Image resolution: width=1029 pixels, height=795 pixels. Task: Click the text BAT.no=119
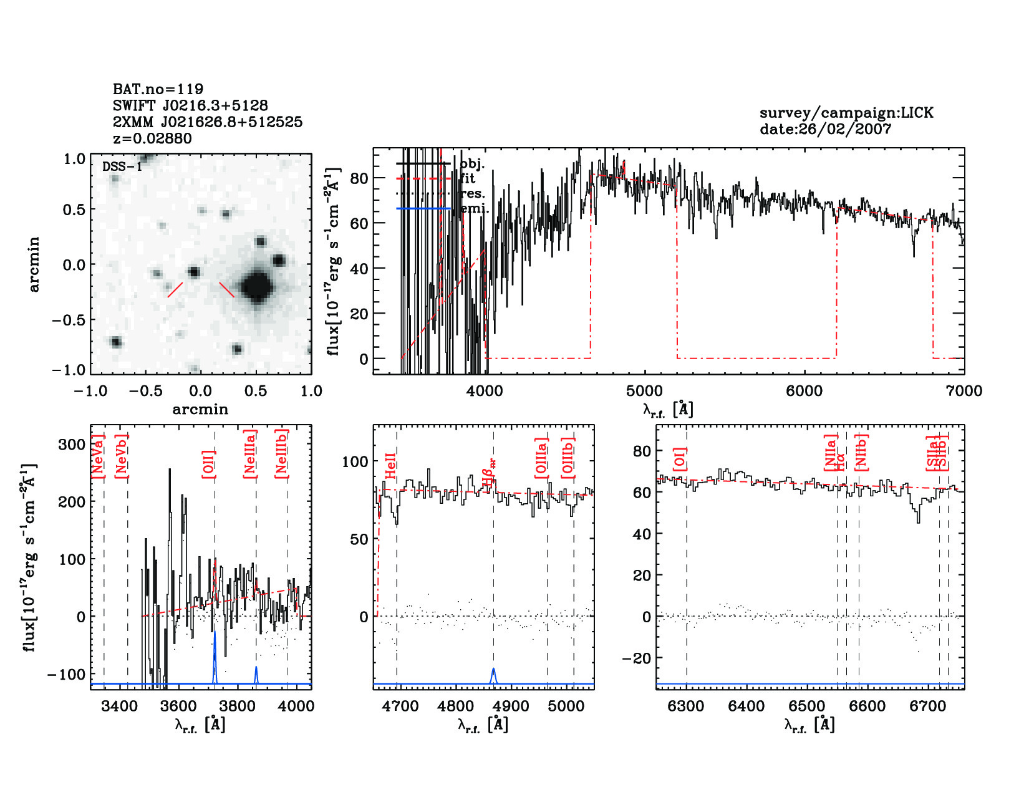[158, 89]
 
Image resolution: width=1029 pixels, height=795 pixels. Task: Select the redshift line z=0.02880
[152, 138]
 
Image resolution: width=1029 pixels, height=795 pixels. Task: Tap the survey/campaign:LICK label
[846, 113]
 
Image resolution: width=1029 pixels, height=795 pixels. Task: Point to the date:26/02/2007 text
[825, 129]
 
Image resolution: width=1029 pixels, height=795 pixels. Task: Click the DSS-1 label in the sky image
[122, 166]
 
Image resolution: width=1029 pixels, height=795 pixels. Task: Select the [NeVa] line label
[98, 457]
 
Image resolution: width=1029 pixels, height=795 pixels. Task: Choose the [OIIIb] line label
[568, 458]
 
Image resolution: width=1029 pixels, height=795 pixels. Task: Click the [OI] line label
[680, 459]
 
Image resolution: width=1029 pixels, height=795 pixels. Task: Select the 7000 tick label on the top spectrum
[964, 391]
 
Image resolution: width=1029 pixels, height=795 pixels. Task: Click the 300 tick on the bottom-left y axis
[72, 445]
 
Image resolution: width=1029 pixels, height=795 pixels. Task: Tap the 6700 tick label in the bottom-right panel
[928, 706]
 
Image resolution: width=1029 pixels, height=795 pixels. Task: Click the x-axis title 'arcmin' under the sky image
[200, 410]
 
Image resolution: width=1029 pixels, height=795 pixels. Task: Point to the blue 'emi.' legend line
[423, 208]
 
